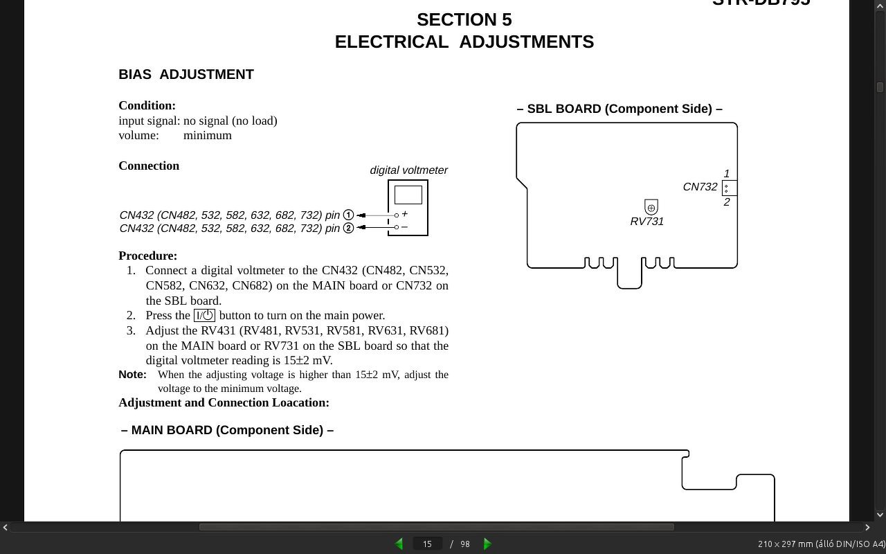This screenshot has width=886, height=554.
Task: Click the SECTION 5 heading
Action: coord(464,19)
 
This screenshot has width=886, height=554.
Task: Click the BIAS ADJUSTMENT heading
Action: coord(186,74)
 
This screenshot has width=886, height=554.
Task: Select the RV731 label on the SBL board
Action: coord(647,222)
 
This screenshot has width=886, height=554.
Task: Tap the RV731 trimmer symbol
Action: coord(651,207)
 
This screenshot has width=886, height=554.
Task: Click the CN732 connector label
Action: coord(700,187)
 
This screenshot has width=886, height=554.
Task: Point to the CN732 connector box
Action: coord(729,188)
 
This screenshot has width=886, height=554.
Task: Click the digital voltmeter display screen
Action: coord(408,195)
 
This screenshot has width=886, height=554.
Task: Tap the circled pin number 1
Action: coord(348,215)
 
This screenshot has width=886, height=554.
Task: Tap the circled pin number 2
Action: coord(348,229)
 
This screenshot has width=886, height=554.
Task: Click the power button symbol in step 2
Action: coord(204,316)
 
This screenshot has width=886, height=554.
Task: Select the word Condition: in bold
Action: coord(147,105)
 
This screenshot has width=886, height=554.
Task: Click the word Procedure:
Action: coord(147,256)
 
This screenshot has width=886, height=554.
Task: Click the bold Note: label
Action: coord(132,375)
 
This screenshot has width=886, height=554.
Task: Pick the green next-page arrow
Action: coord(487,544)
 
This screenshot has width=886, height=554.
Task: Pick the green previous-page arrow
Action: coord(399,544)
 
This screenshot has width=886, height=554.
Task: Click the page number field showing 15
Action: coord(427,544)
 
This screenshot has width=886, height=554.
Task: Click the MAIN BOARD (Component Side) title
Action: coord(227,430)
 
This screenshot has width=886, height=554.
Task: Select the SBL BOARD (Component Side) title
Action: coord(620,109)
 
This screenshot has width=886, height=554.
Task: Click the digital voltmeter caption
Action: coord(408,170)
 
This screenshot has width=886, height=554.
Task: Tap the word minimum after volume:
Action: coord(208,136)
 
